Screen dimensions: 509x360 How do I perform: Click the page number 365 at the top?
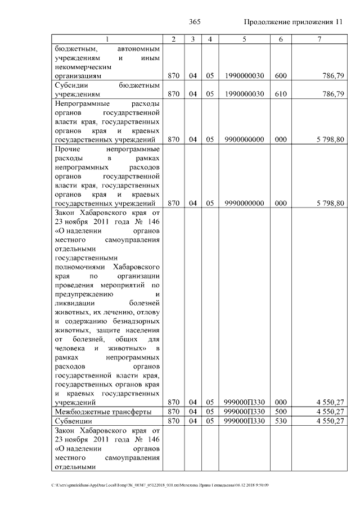click(195, 22)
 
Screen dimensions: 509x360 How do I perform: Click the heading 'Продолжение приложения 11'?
click(292, 22)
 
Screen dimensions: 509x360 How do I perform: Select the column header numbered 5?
click(244, 39)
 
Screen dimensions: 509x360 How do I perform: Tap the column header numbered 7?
click(319, 39)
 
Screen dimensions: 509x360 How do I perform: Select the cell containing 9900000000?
click(244, 139)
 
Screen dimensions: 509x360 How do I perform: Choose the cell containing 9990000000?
click(244, 203)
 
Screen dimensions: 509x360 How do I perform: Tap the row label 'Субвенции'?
click(74, 421)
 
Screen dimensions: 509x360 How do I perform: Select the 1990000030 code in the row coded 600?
click(244, 75)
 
